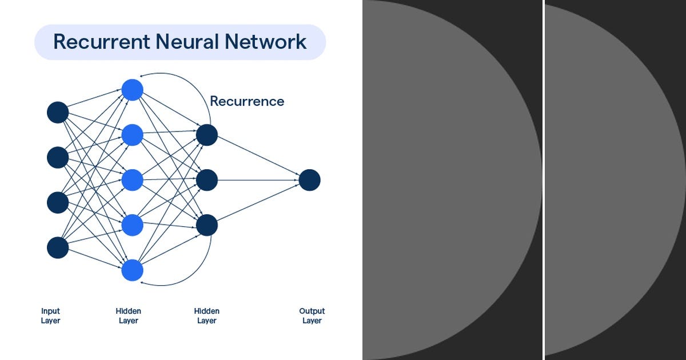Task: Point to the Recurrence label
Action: [247, 101]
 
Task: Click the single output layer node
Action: [309, 180]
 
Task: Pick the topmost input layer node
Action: [58, 113]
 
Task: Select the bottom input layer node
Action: [58, 247]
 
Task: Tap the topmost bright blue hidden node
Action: [132, 90]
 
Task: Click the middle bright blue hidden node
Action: [132, 180]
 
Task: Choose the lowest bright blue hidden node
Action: [132, 270]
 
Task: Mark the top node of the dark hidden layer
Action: [206, 135]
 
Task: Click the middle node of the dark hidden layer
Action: [206, 180]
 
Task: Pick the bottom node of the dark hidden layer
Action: [206, 225]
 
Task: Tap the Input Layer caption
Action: [50, 316]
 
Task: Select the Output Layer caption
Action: [312, 316]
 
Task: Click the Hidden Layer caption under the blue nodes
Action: [129, 316]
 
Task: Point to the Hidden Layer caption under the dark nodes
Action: [206, 316]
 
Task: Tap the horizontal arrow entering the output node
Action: [257, 180]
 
